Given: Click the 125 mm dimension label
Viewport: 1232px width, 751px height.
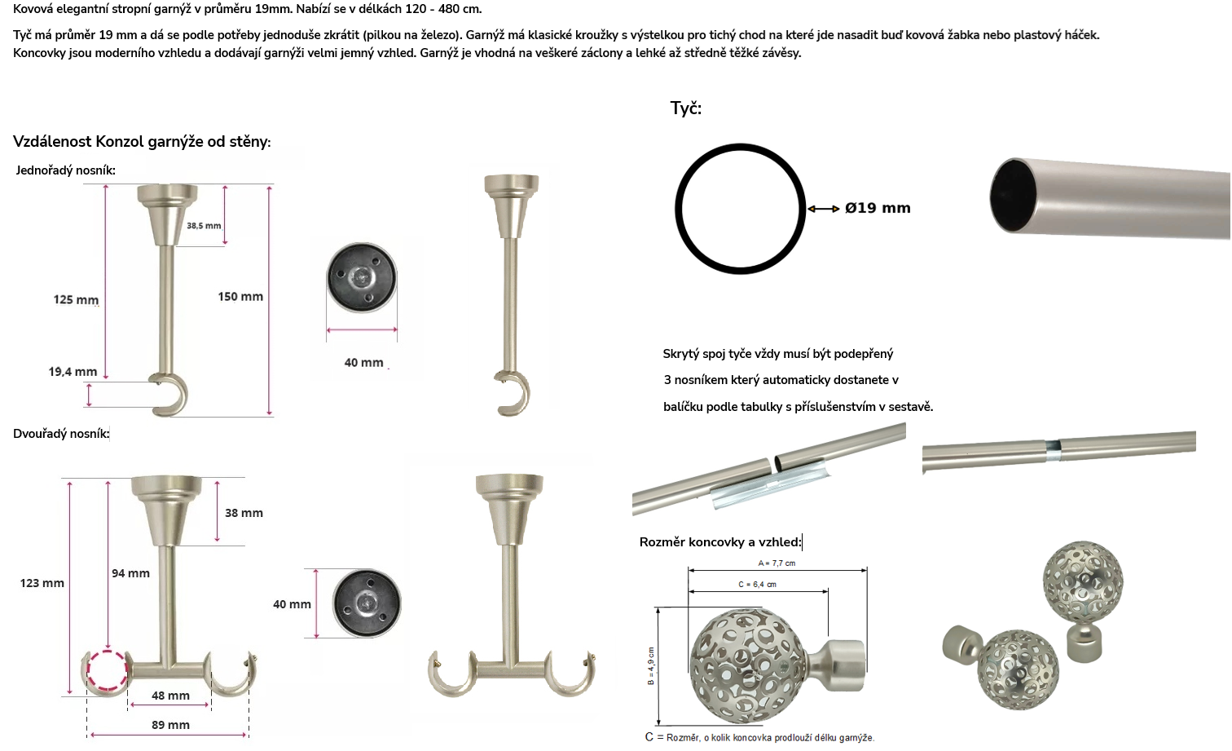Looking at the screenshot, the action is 76,299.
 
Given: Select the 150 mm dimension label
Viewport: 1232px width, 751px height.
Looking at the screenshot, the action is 240,296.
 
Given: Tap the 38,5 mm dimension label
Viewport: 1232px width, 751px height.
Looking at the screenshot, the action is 204,225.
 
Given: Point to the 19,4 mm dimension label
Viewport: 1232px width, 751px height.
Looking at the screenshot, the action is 73,372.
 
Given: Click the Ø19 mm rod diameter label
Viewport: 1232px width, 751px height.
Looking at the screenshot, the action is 878,208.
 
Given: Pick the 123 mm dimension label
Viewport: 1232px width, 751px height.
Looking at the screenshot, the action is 42,583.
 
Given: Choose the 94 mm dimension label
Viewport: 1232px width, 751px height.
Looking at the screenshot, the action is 130,573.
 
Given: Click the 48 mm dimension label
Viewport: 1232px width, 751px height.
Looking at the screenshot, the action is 170,696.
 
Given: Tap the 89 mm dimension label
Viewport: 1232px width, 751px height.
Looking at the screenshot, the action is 170,725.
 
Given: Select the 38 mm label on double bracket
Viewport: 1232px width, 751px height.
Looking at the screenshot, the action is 244,513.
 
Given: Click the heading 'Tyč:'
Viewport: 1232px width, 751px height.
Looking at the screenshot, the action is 686,108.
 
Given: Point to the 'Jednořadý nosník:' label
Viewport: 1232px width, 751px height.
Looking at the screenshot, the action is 65,170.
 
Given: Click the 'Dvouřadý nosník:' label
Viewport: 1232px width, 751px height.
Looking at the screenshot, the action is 61,434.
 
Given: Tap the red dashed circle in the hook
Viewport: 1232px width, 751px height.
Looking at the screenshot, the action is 89,670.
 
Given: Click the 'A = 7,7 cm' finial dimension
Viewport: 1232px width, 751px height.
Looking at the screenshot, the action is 777,563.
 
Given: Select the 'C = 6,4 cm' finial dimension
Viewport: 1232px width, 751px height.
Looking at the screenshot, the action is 757,584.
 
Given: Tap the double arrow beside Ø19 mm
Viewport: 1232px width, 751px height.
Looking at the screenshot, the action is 823,209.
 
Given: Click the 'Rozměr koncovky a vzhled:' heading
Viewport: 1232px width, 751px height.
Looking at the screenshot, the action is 720,542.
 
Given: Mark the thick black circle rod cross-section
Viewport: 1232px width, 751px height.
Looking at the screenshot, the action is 678,209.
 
